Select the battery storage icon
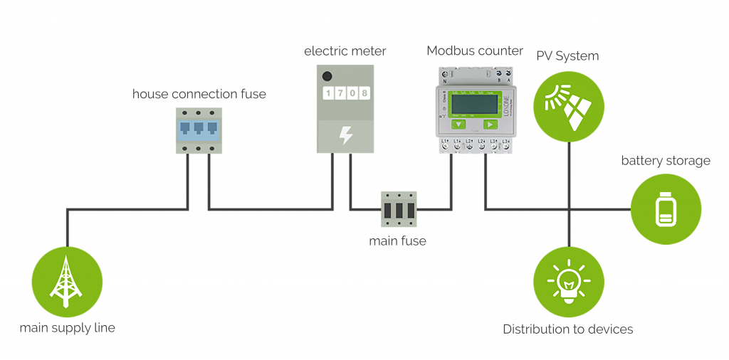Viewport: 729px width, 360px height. [x=666, y=209]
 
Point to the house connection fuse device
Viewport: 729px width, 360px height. [x=199, y=130]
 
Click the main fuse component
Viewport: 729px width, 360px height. [x=399, y=209]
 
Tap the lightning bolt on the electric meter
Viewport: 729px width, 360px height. [x=345, y=134]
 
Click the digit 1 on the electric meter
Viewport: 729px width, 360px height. [x=328, y=93]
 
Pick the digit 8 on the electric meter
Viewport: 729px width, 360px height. [x=364, y=93]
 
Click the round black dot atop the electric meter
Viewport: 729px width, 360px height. [x=327, y=76]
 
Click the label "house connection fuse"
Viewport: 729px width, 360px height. [x=199, y=94]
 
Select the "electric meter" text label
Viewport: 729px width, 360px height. [x=345, y=51]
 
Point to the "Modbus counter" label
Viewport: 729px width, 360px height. [x=475, y=51]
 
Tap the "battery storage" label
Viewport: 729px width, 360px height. [x=666, y=161]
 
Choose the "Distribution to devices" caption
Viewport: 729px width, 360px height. [x=567, y=329]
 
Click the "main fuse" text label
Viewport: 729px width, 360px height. [x=397, y=241]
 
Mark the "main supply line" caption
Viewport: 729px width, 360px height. [x=67, y=328]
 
